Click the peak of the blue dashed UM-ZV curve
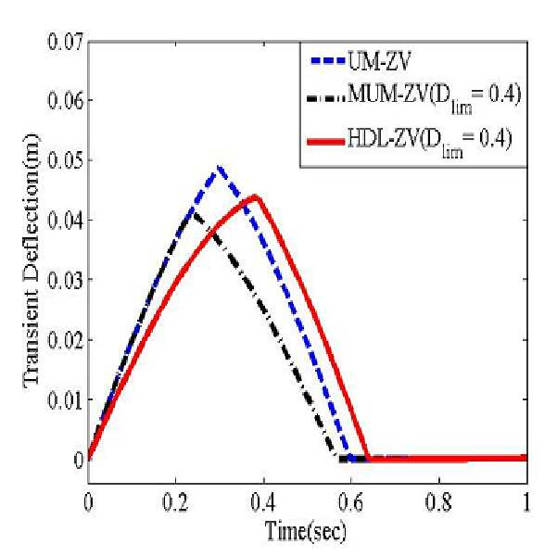click(x=220, y=166)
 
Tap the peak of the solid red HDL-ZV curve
click(x=255, y=196)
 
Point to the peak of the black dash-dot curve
click(x=194, y=212)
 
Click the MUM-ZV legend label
click(x=435, y=97)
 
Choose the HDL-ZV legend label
click(x=430, y=141)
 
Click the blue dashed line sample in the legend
click(x=328, y=61)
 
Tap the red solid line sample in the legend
click(x=326, y=142)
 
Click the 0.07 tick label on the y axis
click(x=65, y=42)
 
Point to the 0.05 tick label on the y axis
click(x=65, y=160)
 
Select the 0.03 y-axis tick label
click(x=65, y=280)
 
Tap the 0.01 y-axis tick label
click(x=65, y=400)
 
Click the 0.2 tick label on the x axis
click(x=175, y=502)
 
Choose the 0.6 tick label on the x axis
click(x=351, y=502)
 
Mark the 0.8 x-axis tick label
click(x=439, y=502)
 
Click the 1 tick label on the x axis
click(x=526, y=502)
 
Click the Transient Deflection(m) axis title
click(x=32, y=259)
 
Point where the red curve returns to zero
click(x=367, y=458)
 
